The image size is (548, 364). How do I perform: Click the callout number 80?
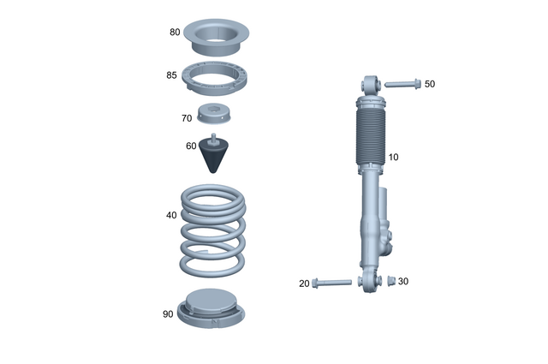point(175,33)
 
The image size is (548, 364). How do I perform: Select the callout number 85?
point(171,75)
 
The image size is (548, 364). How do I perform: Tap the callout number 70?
point(186,118)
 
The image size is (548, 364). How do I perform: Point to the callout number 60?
point(191,146)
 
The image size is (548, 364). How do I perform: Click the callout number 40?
point(171,216)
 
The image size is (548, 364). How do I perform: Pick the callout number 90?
point(168,314)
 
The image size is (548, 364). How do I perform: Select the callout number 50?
point(430,84)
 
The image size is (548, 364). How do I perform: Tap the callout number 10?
point(393,158)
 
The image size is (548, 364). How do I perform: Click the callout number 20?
point(304,283)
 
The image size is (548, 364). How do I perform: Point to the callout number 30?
point(404,281)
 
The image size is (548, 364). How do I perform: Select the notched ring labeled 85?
point(214,81)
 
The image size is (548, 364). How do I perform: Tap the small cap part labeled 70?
point(214,113)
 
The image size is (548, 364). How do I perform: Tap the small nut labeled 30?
point(385,281)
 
